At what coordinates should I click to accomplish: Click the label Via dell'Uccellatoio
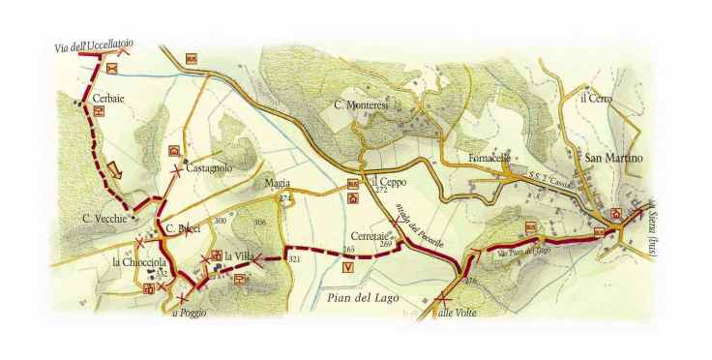point(93,44)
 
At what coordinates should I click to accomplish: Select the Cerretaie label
point(368,234)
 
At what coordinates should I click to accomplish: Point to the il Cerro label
point(598,98)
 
